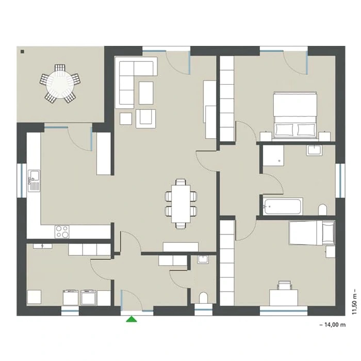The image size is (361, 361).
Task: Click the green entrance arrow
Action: [x=132, y=319]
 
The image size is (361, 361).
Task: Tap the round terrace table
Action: [x=60, y=84]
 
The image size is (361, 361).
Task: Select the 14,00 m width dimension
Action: [x=333, y=324]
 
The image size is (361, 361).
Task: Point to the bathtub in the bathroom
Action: [x=283, y=206]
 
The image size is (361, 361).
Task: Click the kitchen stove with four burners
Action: [x=62, y=232]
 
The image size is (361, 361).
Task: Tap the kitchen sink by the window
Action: [x=34, y=180]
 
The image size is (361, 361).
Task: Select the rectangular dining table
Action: [x=180, y=204]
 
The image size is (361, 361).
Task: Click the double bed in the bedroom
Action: [x=295, y=116]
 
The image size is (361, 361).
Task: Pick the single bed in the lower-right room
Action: [x=311, y=233]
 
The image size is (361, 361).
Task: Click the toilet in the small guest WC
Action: [x=203, y=298]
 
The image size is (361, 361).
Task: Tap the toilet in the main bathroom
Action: [x=322, y=209]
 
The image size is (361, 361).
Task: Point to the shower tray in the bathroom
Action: [x=273, y=155]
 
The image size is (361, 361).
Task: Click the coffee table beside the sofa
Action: [x=146, y=93]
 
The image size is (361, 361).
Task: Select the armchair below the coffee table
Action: [x=146, y=119]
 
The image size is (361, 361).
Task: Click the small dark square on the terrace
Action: [x=22, y=52]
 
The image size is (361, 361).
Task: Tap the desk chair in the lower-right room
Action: [x=285, y=285]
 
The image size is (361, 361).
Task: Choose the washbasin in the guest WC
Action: [x=203, y=259]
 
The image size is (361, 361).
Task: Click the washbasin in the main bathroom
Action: [x=314, y=151]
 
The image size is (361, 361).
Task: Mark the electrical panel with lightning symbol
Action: [x=43, y=246]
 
